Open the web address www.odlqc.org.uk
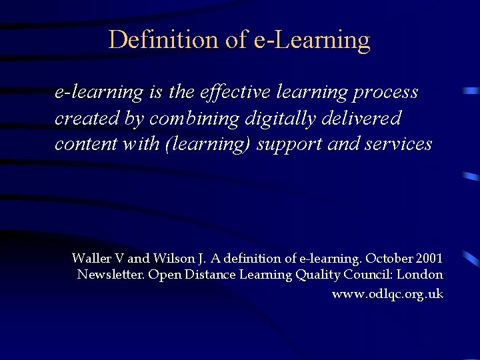coord(387,294)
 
